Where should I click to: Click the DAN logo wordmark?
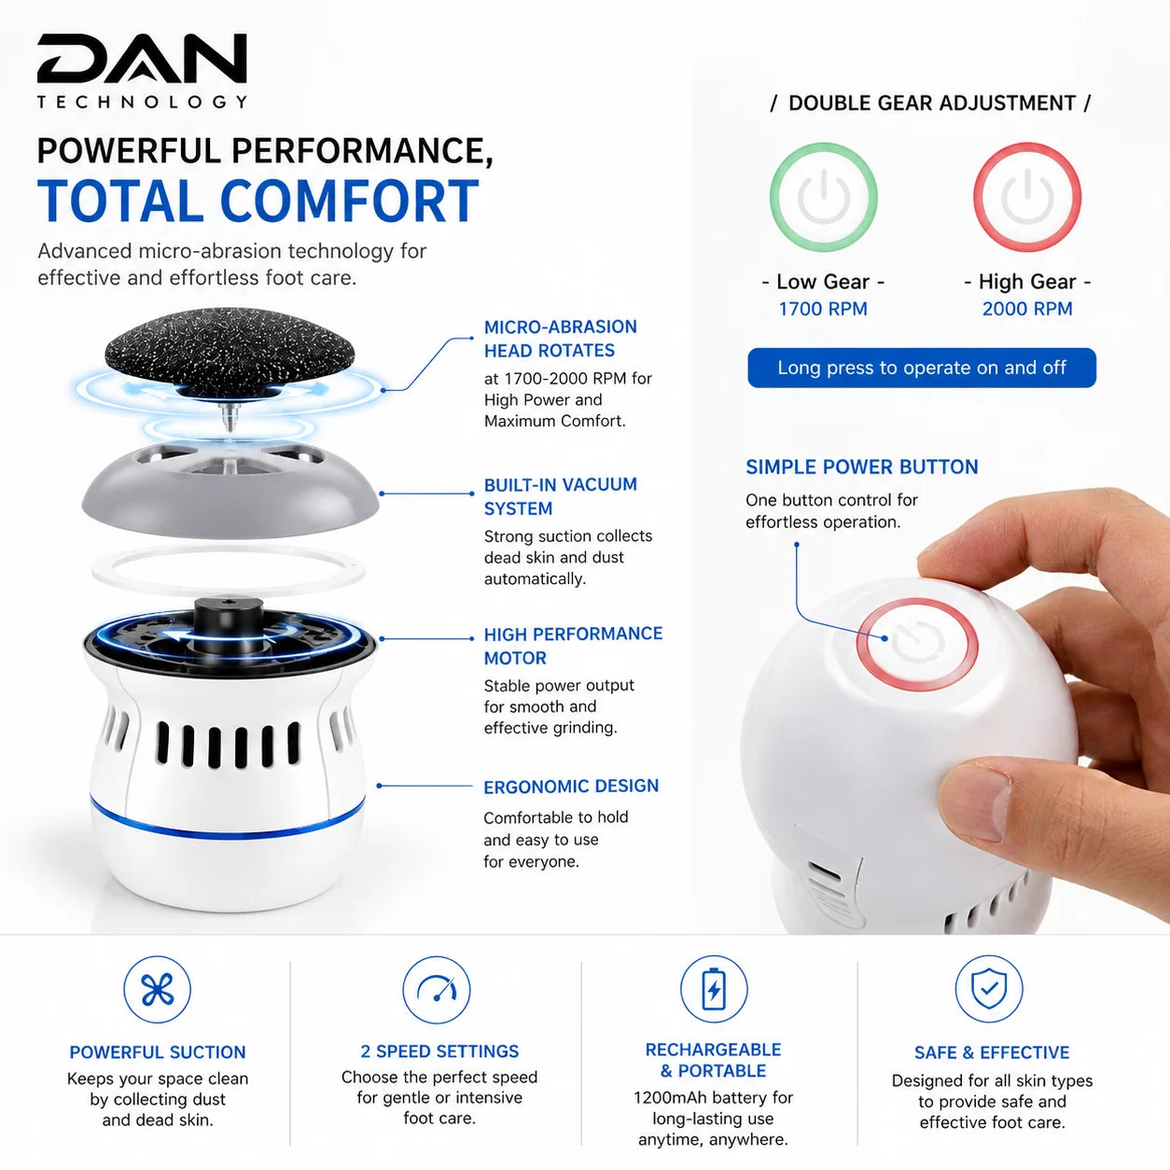(x=142, y=58)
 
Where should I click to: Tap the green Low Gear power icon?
(x=823, y=197)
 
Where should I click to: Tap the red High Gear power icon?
(x=1027, y=197)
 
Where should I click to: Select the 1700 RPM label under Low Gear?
(x=823, y=309)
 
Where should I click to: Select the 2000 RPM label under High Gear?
(x=1027, y=309)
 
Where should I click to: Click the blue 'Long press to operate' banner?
(x=922, y=368)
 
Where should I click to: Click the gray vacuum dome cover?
(x=230, y=491)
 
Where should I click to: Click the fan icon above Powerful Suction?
(x=158, y=990)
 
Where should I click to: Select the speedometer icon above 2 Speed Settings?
(x=437, y=990)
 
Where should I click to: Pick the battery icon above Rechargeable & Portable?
(x=714, y=990)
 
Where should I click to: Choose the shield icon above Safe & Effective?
(x=989, y=990)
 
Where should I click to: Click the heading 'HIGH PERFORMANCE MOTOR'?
(x=573, y=646)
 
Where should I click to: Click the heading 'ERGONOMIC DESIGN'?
(x=571, y=787)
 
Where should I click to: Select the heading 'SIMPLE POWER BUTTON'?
(x=861, y=467)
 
